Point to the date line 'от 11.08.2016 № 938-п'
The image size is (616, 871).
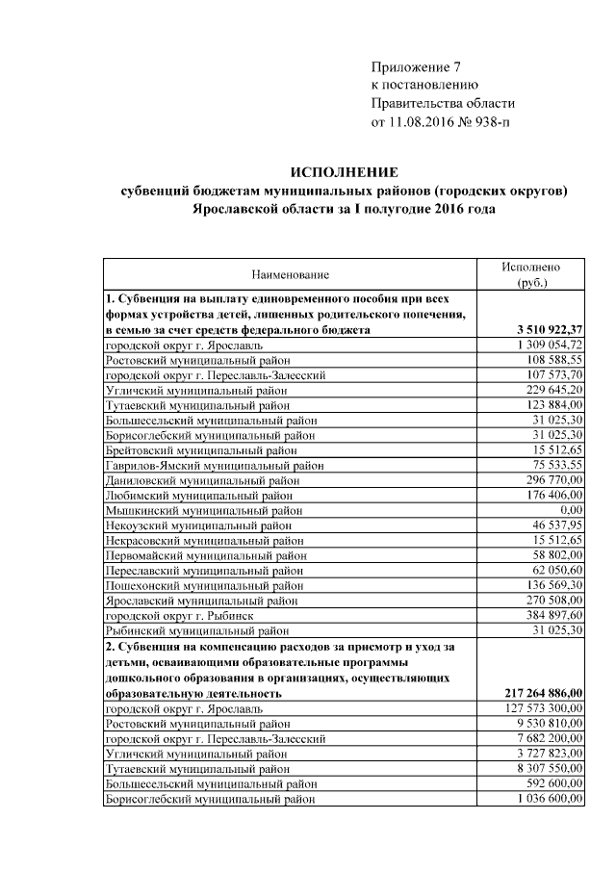(x=440, y=121)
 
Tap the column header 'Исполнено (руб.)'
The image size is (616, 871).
(x=531, y=274)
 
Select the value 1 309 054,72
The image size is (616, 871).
(x=549, y=345)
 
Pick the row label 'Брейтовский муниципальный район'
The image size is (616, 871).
(x=201, y=449)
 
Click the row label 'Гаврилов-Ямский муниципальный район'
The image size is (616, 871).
(x=214, y=465)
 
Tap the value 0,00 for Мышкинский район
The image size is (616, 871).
(x=572, y=509)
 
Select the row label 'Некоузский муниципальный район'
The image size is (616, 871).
(x=197, y=525)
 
